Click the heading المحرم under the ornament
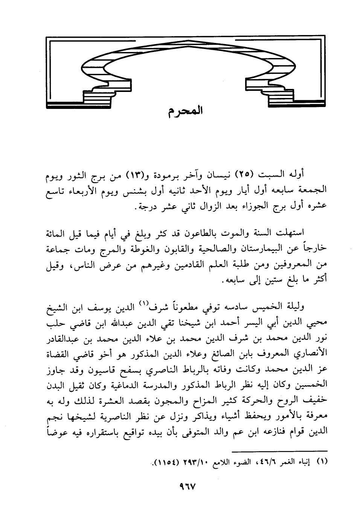185,112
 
